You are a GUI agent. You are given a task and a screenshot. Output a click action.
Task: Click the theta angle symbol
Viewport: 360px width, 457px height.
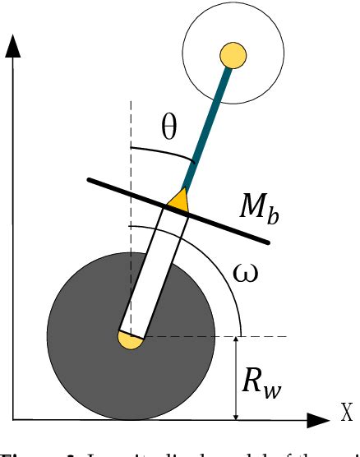coord(168,130)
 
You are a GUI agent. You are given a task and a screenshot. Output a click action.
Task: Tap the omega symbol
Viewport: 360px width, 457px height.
coord(246,272)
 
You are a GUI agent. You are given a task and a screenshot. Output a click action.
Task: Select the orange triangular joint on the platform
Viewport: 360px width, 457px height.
coord(178,198)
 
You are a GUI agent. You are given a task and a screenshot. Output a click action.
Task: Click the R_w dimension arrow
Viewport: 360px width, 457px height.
coord(237,378)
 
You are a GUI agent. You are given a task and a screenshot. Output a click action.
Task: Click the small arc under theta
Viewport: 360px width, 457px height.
coord(156,154)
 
